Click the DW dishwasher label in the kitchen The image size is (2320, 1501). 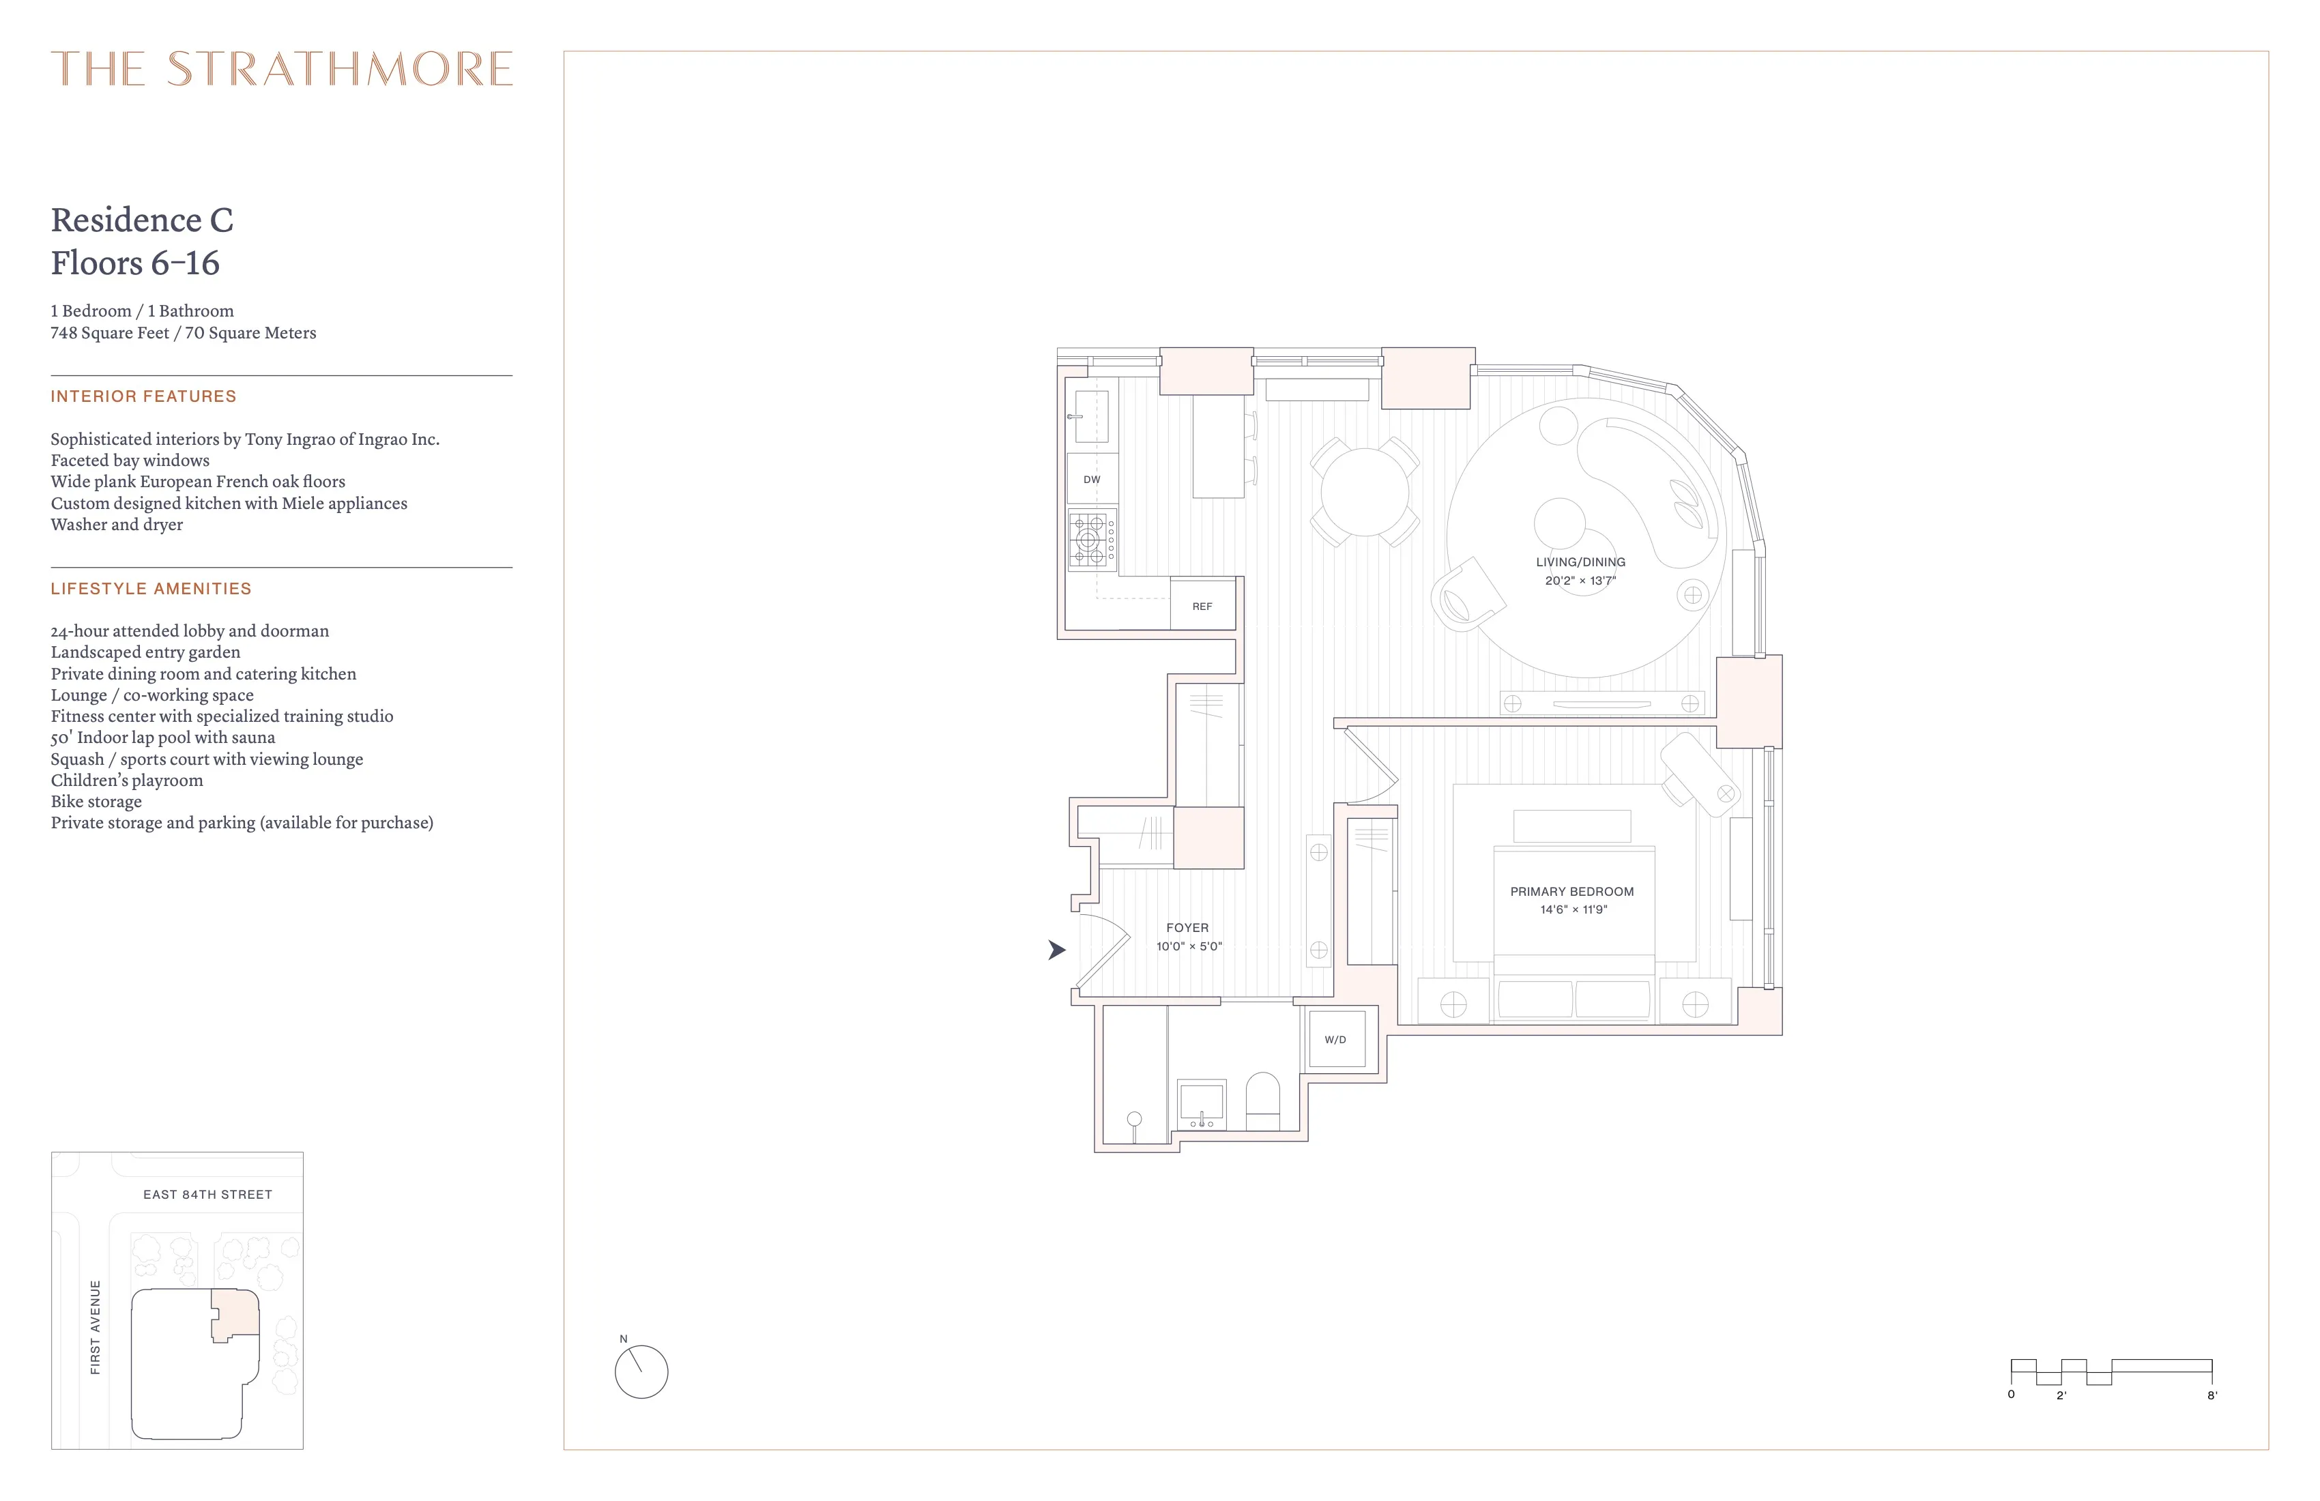1091,480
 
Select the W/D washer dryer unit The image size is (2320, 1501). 1335,1040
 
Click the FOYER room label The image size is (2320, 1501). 1187,928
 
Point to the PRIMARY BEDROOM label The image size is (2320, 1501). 1571,891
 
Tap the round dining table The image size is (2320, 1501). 1364,491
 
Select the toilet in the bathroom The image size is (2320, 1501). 1262,1099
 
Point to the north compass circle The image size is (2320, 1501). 641,1372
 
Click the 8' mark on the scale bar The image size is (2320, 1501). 2212,1395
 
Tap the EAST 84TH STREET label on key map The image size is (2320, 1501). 207,1194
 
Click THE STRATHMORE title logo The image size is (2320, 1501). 282,69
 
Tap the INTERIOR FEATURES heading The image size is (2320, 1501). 143,396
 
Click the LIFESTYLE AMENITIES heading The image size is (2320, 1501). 151,589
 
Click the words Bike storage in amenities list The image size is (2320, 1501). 96,801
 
